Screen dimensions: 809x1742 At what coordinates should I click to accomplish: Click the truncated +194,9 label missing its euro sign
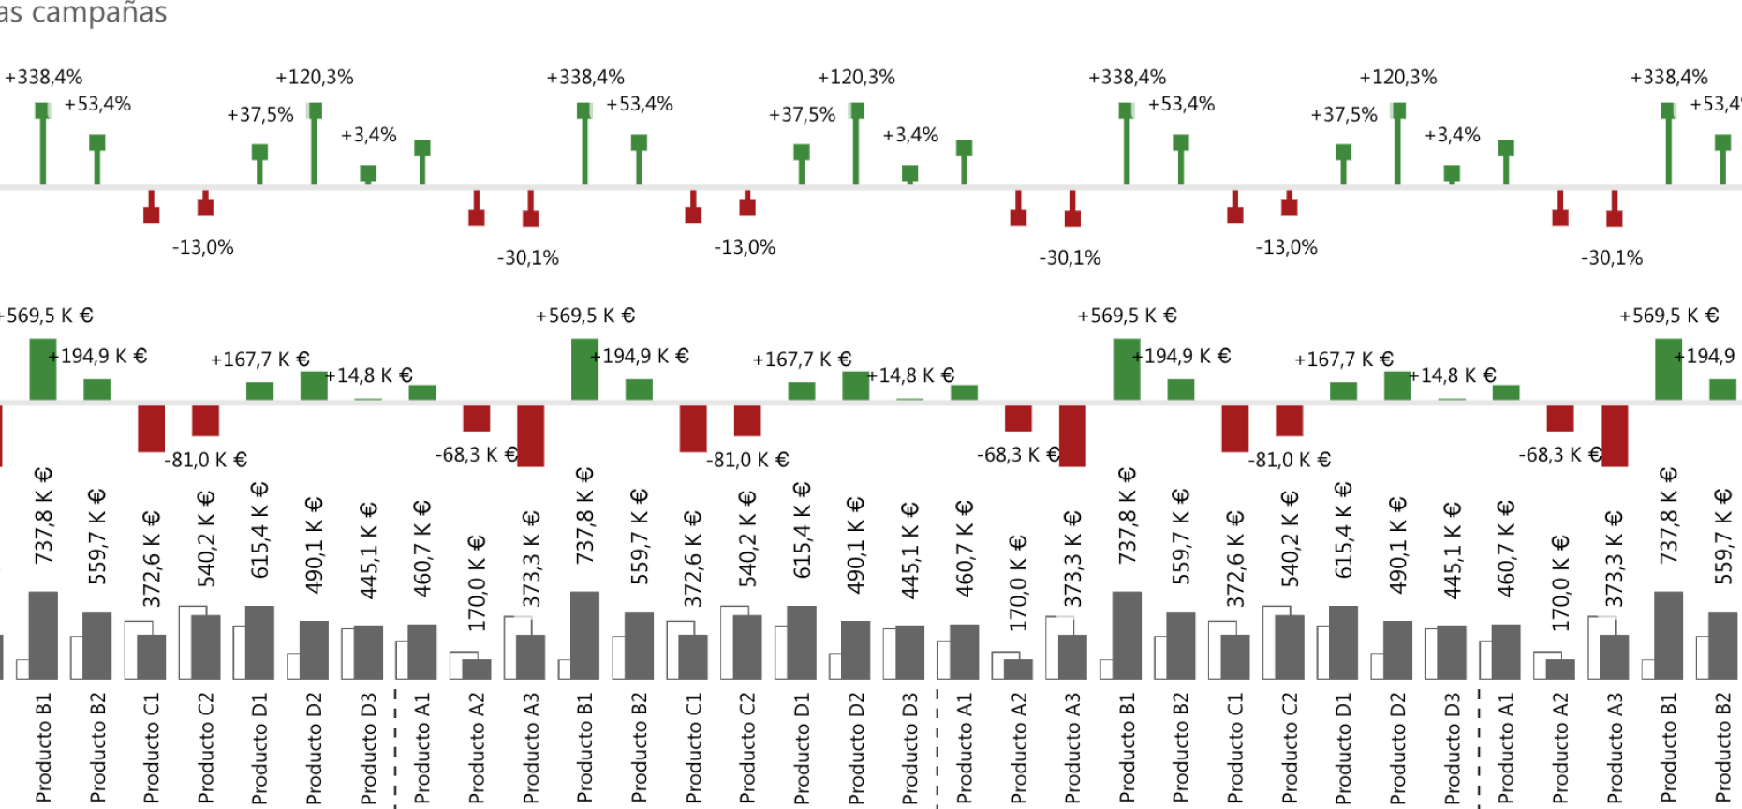pos(1709,356)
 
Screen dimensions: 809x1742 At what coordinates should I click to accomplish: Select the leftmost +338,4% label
pos(44,77)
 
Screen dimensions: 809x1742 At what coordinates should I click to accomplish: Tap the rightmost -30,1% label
pos(1612,257)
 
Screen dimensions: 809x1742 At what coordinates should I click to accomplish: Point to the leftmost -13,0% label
pos(203,247)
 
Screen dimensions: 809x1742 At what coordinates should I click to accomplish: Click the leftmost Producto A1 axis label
pos(422,747)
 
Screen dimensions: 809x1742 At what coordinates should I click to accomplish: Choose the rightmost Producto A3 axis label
pos(1615,747)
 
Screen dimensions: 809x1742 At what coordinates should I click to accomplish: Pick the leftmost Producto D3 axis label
pos(368,747)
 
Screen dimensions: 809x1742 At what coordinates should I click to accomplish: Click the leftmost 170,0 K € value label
pos(477,582)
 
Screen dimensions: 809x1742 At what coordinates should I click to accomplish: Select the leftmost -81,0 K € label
pos(206,460)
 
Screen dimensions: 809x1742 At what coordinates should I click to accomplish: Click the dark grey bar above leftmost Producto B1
pos(43,635)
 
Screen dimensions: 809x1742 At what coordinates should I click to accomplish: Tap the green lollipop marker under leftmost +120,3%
pos(315,110)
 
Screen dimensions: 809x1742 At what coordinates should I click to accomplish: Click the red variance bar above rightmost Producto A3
pos(1615,435)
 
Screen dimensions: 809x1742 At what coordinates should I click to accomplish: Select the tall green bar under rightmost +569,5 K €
pos(1668,369)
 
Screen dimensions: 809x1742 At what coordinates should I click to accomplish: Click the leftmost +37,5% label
pos(260,114)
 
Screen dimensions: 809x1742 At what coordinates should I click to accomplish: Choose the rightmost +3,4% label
pos(1453,135)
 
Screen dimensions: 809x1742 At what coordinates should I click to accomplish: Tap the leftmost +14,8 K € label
pos(369,375)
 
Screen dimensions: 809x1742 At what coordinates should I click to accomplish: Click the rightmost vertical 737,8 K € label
pos(1668,516)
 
